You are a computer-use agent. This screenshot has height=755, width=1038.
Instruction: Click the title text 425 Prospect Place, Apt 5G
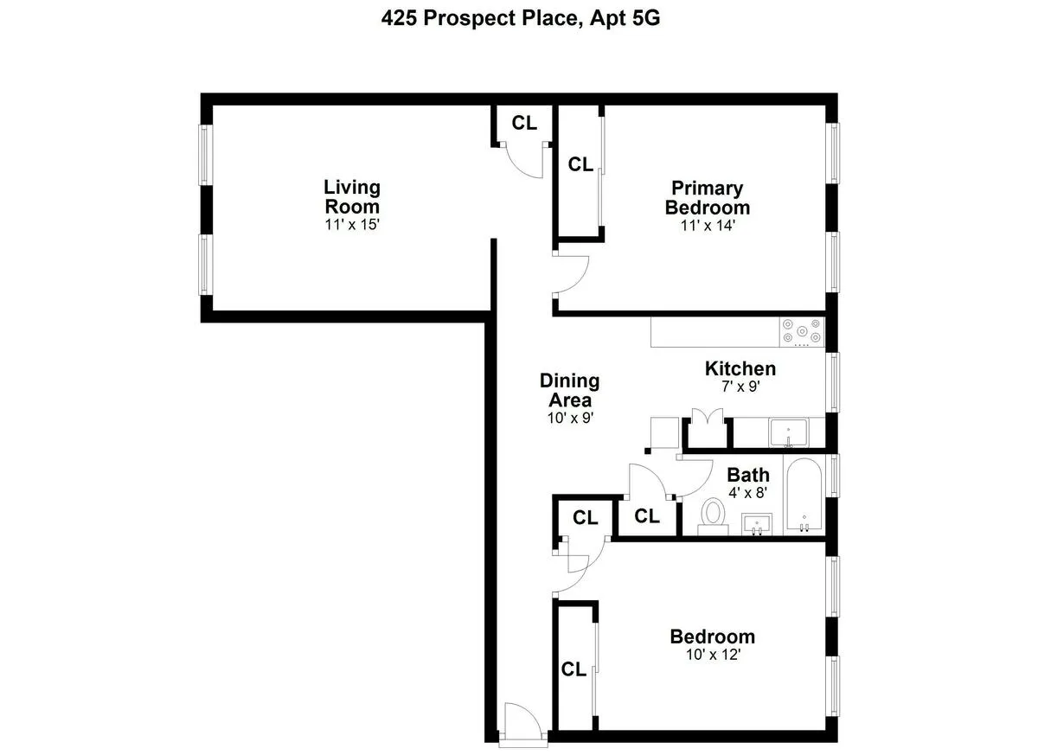[x=521, y=19]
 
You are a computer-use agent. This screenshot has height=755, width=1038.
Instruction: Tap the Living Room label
[x=352, y=197]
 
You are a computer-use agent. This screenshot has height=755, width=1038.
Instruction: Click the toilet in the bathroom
[x=714, y=514]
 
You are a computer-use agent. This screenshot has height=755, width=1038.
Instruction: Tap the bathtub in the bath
[x=804, y=497]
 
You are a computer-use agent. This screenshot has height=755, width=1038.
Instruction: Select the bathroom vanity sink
[x=758, y=523]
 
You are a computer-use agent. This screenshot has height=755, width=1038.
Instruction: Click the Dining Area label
[x=569, y=390]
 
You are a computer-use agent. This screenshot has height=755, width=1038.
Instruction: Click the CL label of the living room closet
[x=524, y=123]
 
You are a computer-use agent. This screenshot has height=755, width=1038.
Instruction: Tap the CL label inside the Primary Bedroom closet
[x=580, y=164]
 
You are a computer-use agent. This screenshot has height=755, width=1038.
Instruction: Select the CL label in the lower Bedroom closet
[x=574, y=669]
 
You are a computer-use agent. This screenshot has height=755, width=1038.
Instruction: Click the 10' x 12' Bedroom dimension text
[x=712, y=655]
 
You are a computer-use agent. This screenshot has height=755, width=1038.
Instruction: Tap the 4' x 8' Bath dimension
[x=748, y=494]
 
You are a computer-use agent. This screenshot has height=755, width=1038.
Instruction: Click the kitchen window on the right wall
[x=833, y=381]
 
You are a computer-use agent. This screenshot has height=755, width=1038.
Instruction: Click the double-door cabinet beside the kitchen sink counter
[x=708, y=430]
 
